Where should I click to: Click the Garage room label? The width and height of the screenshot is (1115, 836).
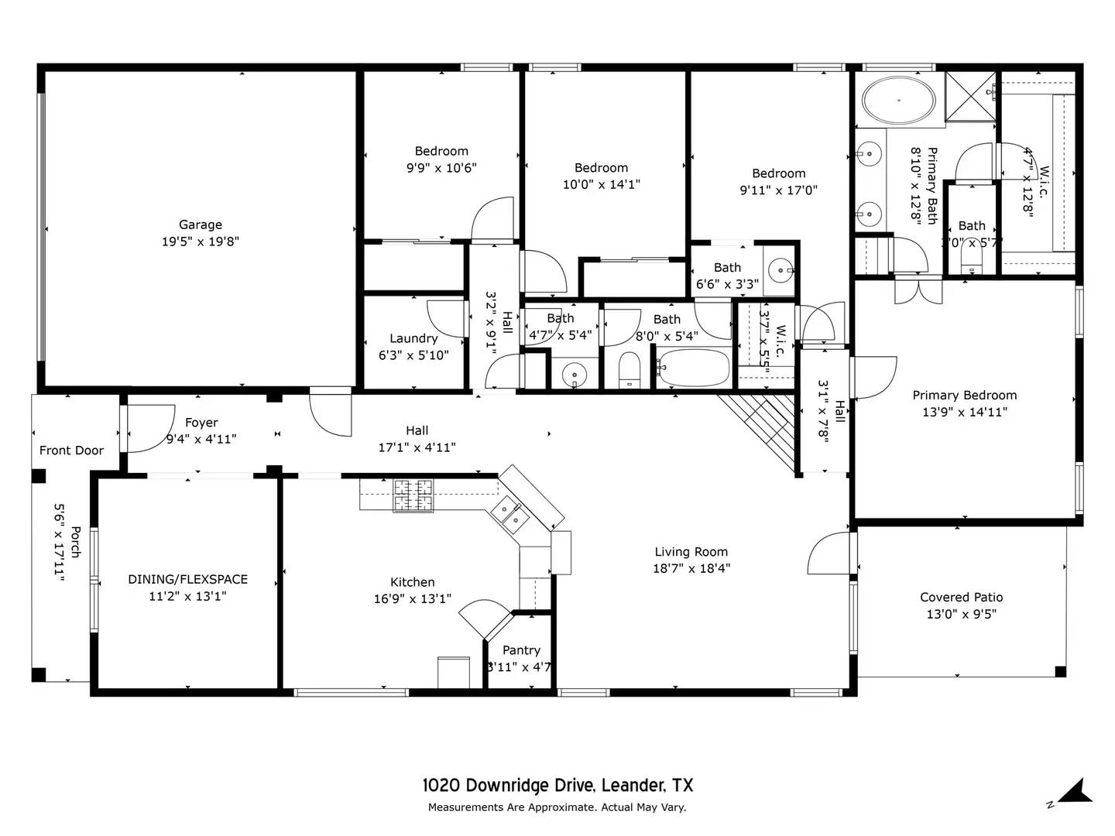(200, 224)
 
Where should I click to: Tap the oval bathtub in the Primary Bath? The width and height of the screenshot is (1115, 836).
(899, 101)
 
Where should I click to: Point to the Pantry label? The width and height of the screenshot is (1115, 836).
(521, 650)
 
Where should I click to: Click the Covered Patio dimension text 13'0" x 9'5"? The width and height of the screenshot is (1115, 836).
(961, 614)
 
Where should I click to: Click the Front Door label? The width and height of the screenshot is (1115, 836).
(71, 451)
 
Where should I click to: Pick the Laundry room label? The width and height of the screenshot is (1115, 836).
(413, 338)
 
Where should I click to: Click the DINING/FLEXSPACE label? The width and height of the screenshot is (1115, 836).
(187, 579)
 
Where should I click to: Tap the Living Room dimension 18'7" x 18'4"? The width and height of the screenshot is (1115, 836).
(691, 568)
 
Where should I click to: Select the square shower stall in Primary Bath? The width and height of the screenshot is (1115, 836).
(970, 96)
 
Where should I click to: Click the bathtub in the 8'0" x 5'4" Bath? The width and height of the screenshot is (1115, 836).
(693, 368)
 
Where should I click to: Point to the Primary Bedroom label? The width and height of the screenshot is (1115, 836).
(964, 395)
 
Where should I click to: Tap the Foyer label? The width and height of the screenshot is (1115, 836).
(201, 423)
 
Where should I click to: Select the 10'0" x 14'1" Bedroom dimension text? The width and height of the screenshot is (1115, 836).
(601, 184)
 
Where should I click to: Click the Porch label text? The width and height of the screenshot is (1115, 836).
(75, 541)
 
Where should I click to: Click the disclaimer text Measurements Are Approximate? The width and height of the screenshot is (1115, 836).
(511, 807)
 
